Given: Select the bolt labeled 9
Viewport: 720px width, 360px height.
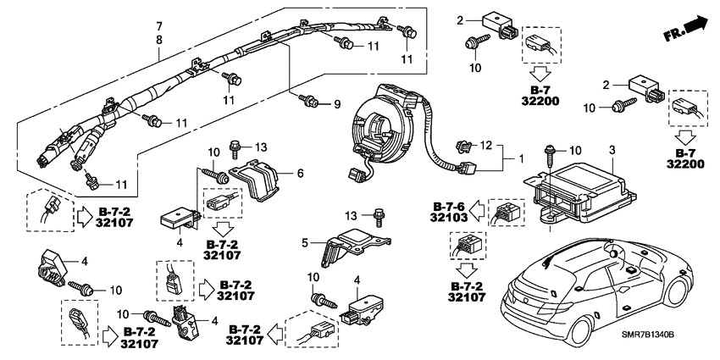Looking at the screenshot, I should (309, 103).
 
